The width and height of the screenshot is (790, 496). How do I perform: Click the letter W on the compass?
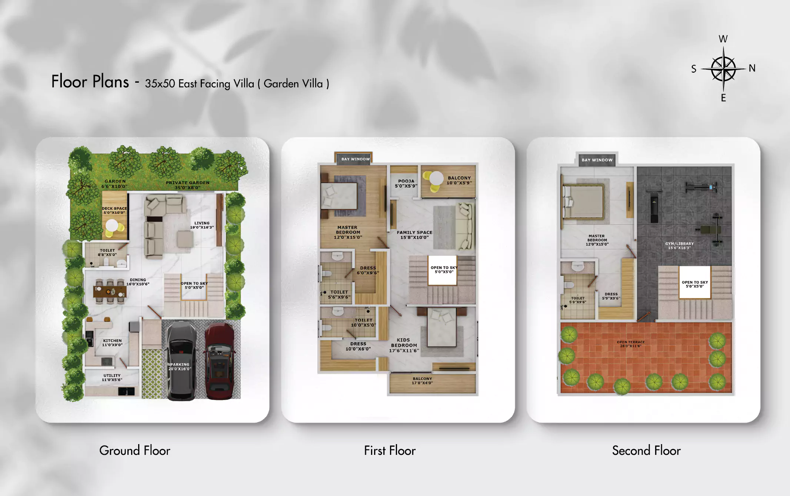(x=723, y=39)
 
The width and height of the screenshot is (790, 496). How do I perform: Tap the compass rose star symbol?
(x=723, y=69)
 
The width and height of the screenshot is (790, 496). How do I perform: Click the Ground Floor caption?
(x=134, y=450)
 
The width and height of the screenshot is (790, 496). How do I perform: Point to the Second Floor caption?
(x=646, y=450)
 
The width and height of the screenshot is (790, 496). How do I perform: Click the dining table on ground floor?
(x=110, y=292)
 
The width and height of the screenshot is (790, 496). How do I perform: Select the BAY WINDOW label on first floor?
(x=355, y=159)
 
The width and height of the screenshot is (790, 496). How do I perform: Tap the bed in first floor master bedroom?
(x=339, y=196)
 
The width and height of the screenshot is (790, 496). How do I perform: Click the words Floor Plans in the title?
(x=90, y=82)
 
